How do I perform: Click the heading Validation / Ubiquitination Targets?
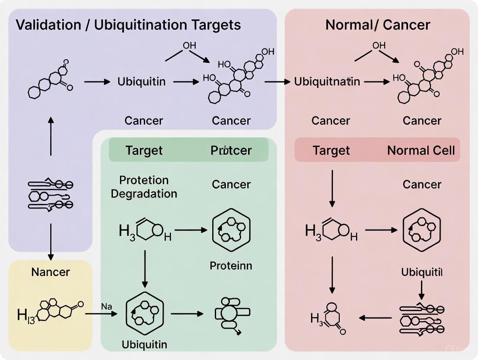click(128, 25)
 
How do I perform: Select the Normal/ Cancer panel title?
click(378, 25)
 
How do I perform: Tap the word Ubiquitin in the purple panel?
click(142, 82)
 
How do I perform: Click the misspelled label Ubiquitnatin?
click(327, 82)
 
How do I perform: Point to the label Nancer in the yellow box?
click(50, 272)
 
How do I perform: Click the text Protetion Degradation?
click(144, 186)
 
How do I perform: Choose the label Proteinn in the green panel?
click(231, 265)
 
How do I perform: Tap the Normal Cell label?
click(421, 150)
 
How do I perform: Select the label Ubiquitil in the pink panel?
click(421, 272)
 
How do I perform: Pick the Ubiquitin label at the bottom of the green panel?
click(144, 344)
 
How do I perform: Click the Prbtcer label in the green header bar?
click(231, 150)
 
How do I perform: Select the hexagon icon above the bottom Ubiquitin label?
click(144, 313)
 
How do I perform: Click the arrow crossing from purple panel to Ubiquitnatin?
click(278, 81)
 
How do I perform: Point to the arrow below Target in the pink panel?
click(332, 188)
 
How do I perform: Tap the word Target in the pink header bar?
click(331, 150)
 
